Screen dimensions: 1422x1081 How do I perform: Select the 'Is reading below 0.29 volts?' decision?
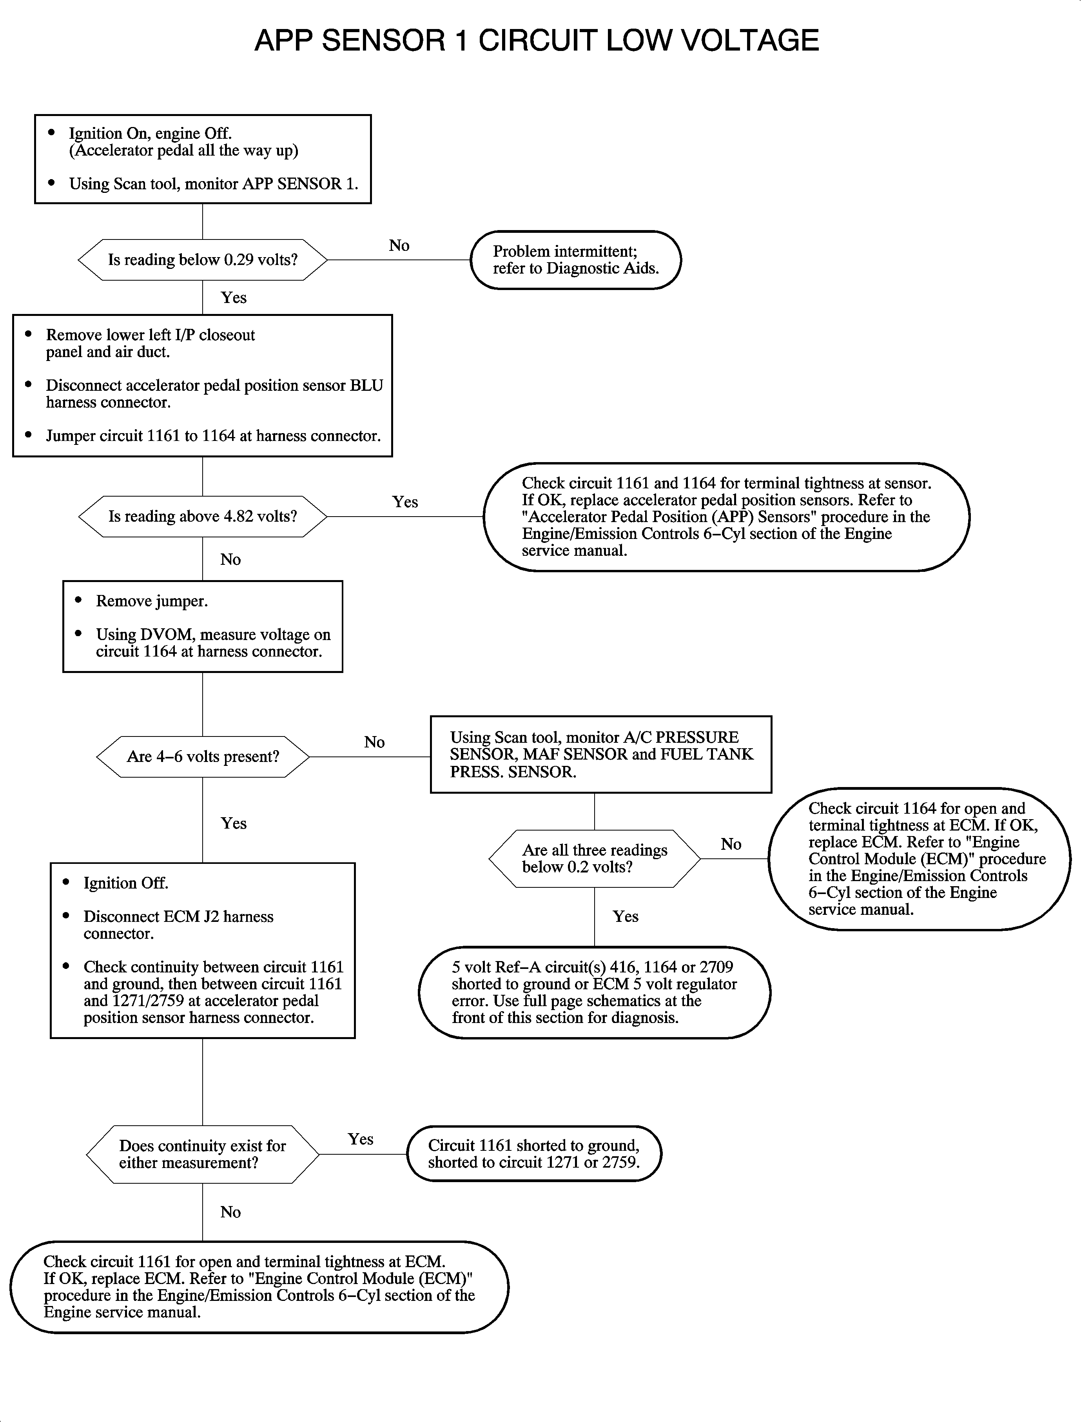tap(203, 260)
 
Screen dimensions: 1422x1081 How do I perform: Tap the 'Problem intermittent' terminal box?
tap(575, 260)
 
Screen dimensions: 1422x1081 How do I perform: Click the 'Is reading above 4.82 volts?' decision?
tap(203, 517)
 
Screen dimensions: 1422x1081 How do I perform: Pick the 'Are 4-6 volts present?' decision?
tap(203, 757)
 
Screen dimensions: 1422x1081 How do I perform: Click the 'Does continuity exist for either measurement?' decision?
tap(203, 1154)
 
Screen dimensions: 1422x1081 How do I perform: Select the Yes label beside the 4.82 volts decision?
tap(405, 502)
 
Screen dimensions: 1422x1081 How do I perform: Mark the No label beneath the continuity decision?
tap(230, 1212)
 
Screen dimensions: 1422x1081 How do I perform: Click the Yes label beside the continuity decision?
tap(360, 1139)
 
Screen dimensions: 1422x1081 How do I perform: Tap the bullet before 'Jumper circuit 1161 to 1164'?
tap(28, 435)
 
